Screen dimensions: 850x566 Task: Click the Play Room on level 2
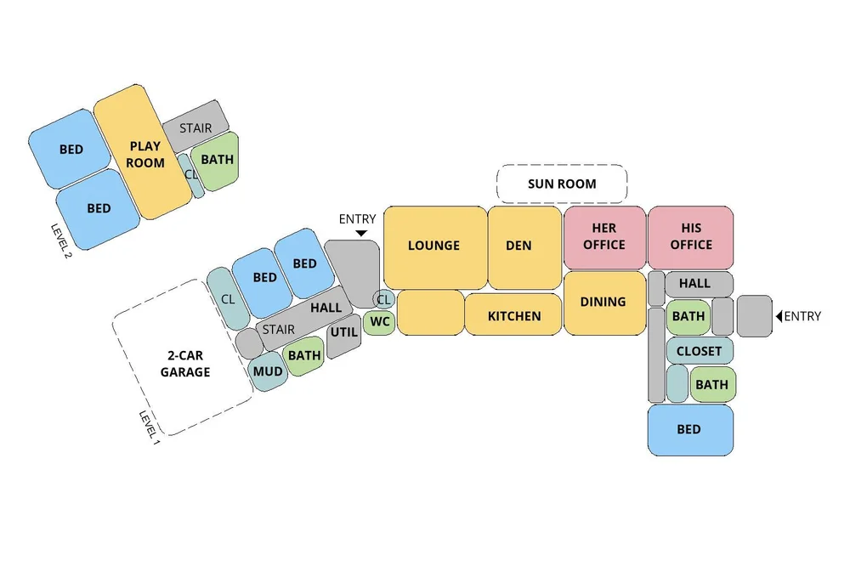144,154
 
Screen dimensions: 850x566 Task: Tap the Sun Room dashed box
562,184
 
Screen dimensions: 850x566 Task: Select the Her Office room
604,237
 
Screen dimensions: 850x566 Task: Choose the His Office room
690,237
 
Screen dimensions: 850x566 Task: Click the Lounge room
433,246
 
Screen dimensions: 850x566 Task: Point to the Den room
518,246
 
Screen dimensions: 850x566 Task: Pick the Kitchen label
514,316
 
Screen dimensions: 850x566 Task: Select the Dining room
603,302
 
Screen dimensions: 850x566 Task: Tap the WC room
379,322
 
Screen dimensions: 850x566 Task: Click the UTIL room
343,332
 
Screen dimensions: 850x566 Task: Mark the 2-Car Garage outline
184,364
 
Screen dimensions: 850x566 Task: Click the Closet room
699,351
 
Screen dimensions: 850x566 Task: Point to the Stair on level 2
195,128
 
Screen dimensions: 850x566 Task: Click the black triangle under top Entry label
360,233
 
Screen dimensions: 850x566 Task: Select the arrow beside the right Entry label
779,317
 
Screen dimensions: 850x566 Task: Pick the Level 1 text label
150,429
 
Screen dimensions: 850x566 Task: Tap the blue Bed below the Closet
689,429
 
